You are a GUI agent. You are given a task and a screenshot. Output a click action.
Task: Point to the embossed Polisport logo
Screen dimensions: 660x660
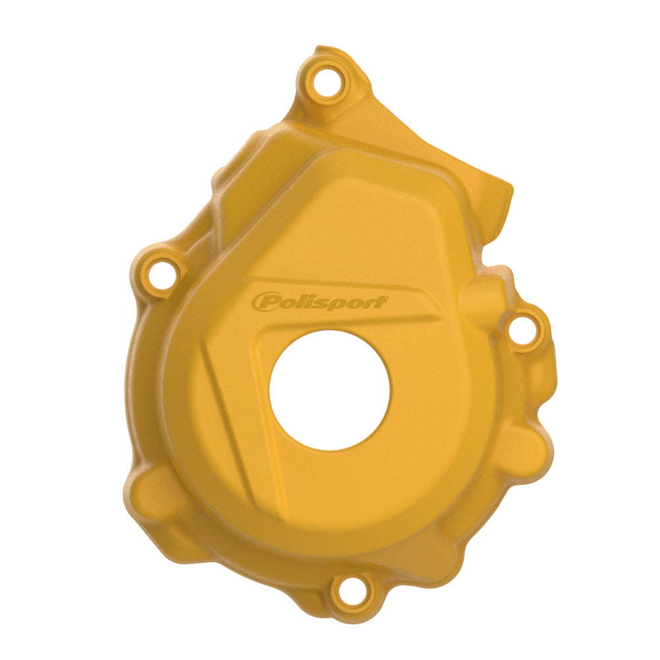pyautogui.click(x=319, y=301)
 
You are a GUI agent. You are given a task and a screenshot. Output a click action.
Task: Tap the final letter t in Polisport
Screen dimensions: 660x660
pyautogui.click(x=381, y=301)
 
